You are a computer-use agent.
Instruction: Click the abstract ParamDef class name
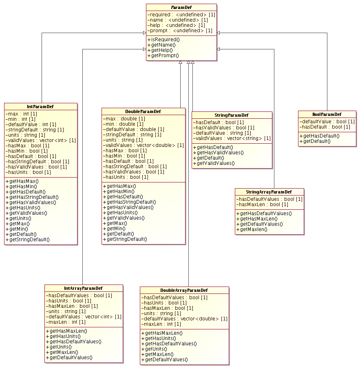click(x=181, y=7)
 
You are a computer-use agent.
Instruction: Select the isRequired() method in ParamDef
click(x=163, y=39)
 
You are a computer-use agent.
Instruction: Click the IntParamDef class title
click(x=41, y=107)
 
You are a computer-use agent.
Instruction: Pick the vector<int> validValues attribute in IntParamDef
click(x=41, y=140)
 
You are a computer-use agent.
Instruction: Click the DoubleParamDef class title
click(x=143, y=111)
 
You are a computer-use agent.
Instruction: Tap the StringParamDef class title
click(x=232, y=115)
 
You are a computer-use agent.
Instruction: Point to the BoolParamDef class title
click(x=327, y=114)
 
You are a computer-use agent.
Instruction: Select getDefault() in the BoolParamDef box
click(x=315, y=141)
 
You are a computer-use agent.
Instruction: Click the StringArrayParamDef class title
click(x=269, y=192)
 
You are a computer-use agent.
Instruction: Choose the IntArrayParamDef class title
click(x=84, y=288)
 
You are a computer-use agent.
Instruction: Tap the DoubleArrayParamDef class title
click(x=184, y=290)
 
